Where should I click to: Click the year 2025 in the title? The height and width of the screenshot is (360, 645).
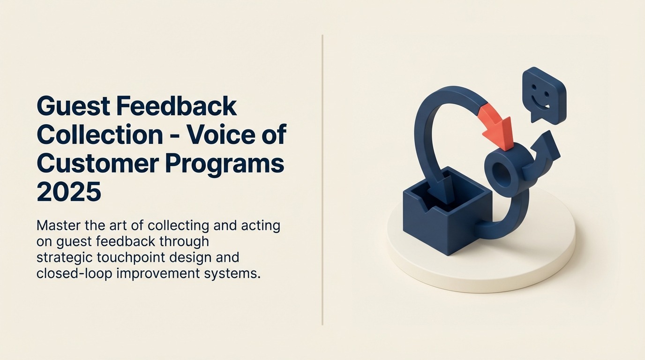pos(69,192)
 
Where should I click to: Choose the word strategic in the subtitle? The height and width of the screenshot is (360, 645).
pos(65,258)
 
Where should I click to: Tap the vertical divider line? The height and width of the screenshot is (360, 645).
pos(322,180)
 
